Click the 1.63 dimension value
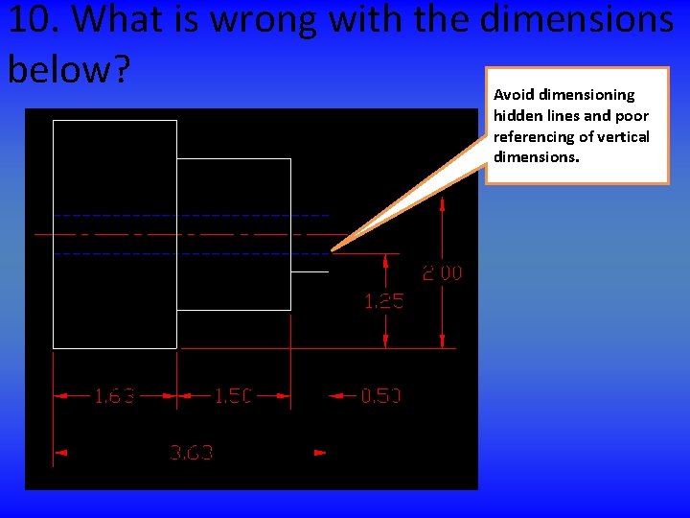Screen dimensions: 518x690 [114, 395]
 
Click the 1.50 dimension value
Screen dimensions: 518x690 [233, 395]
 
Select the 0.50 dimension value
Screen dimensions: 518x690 [380, 395]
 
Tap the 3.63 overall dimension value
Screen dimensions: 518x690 [191, 452]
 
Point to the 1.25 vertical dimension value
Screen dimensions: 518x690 [383, 301]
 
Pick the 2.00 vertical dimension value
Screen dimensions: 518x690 [442, 273]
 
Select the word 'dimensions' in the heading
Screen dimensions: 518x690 [576, 19]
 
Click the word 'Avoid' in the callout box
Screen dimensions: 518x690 [515, 95]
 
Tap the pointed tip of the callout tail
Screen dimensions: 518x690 [333, 251]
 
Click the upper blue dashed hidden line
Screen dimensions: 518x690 [192, 215]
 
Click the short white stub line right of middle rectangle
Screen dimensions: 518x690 [309, 272]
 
